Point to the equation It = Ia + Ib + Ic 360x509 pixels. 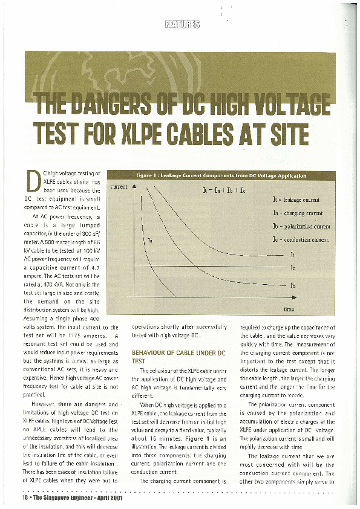point(223,190)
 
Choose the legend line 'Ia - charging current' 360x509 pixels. point(298,213)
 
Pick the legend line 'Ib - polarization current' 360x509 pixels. point(301,226)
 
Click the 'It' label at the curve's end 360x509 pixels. point(292,254)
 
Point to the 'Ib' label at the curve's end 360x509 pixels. point(293,285)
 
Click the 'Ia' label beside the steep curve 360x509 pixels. point(149,240)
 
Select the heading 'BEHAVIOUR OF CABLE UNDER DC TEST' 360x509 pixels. point(178,355)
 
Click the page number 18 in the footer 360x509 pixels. point(25,498)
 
